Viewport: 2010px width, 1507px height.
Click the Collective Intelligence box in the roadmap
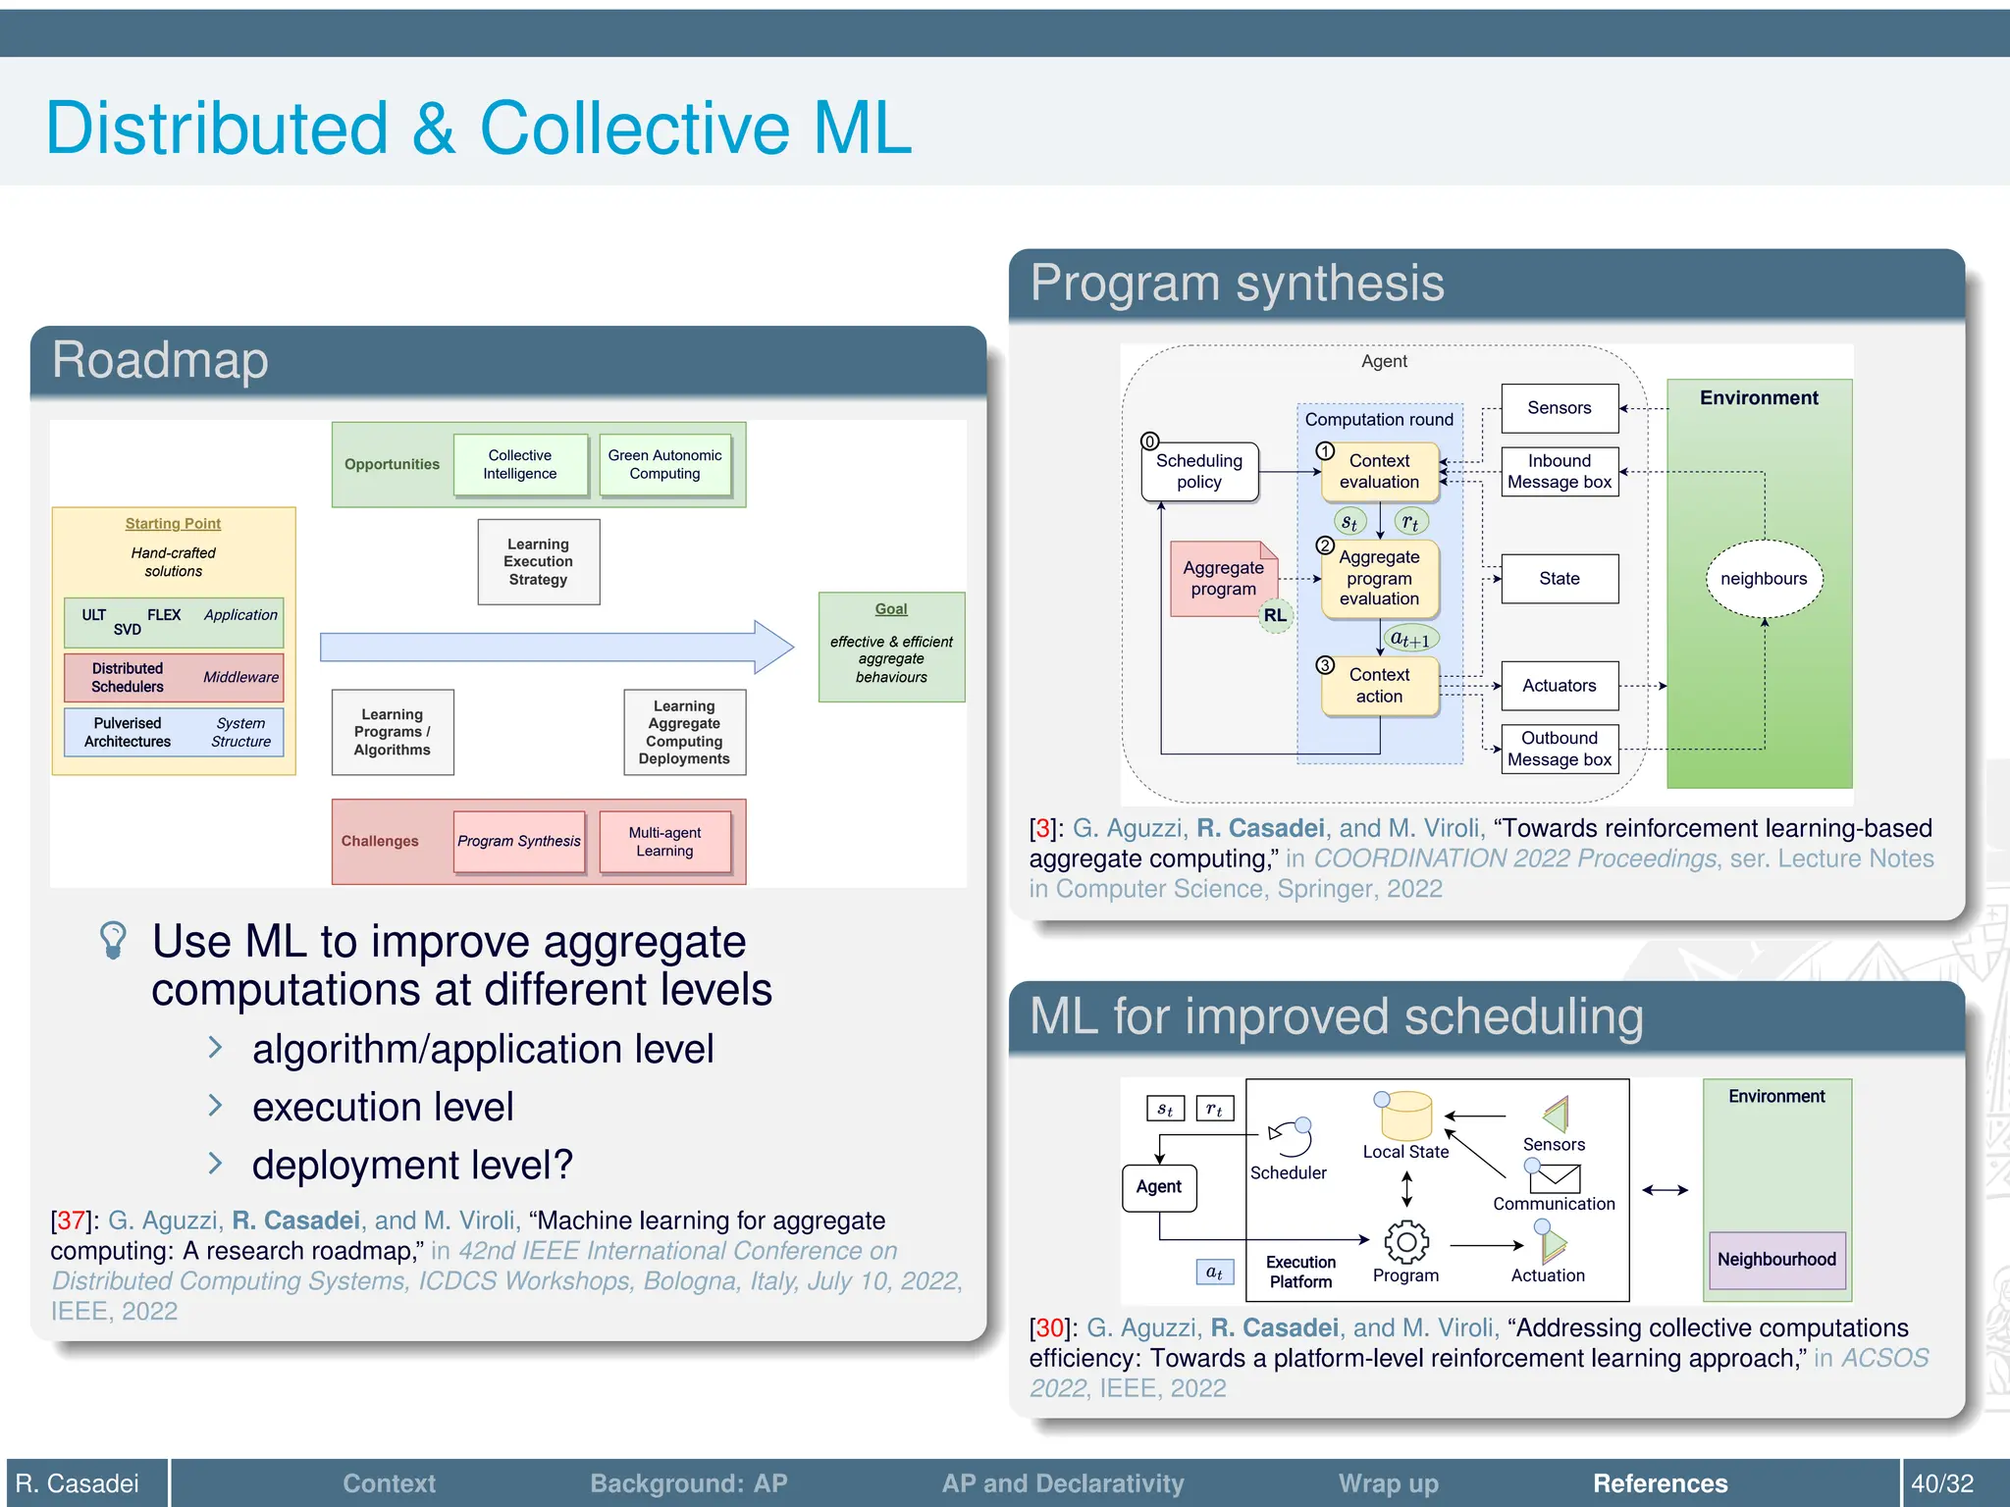[520, 464]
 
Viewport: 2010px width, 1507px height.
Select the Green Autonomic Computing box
[664, 464]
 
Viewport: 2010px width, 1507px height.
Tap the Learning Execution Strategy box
[538, 561]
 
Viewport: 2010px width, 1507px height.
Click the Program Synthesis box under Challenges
[519, 841]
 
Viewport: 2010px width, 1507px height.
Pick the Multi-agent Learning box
[664, 841]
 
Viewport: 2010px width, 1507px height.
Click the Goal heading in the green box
[891, 609]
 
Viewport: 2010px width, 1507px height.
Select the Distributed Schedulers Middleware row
[174, 677]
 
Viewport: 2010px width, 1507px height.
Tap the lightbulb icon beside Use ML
[113, 939]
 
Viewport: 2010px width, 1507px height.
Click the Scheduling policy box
[1199, 472]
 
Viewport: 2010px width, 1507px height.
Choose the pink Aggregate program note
[1223, 579]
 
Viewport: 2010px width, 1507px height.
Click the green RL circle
[1275, 615]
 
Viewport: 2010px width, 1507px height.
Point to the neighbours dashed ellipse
[1764, 579]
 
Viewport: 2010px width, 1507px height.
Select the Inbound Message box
[1560, 472]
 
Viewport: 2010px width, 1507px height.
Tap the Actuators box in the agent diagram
[1560, 686]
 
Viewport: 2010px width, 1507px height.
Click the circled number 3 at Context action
[1325, 665]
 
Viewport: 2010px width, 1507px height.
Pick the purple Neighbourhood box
[1776, 1260]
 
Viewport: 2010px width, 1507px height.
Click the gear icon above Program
[1406, 1242]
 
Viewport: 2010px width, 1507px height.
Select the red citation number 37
[71, 1221]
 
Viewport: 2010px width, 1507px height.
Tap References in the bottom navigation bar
[1660, 1483]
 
